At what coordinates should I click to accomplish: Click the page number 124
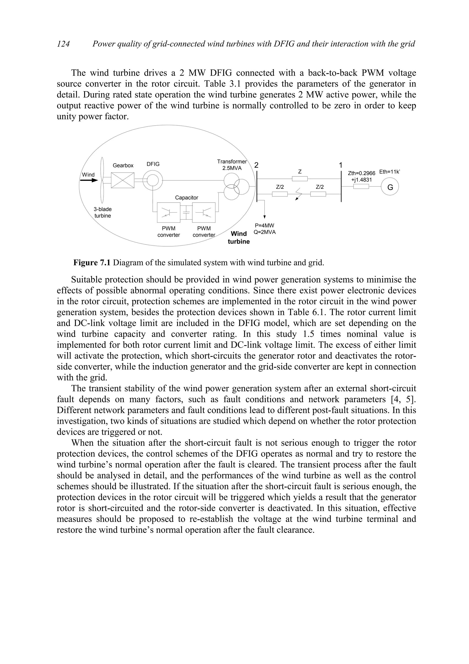click(x=63, y=44)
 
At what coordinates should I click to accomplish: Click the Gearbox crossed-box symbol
click(x=123, y=180)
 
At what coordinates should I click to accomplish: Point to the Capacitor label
click(x=187, y=198)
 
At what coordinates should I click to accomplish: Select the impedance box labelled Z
click(x=300, y=179)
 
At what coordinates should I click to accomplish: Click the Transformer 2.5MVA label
click(x=232, y=165)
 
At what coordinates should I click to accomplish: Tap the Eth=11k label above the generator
click(x=390, y=172)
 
